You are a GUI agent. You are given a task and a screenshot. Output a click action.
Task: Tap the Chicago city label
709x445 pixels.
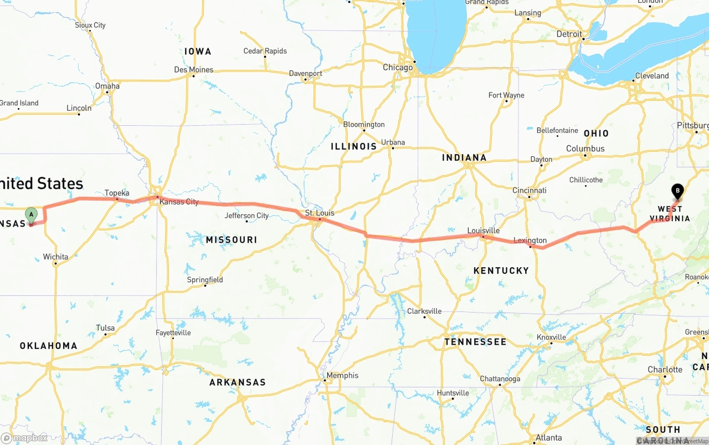(x=398, y=68)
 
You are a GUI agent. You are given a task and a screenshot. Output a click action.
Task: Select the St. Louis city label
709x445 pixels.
(x=320, y=213)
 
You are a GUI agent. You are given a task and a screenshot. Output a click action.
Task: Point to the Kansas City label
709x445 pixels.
(x=179, y=202)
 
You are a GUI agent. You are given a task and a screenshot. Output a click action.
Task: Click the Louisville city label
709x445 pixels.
(x=483, y=231)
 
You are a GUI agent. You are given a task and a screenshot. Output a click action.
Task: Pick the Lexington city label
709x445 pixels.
(x=530, y=241)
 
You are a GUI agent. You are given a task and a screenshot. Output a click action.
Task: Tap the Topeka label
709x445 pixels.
(x=117, y=193)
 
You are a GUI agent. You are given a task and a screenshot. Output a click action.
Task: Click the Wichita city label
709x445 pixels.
(x=55, y=257)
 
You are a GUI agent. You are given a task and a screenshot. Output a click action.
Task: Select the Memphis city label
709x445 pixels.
(x=342, y=375)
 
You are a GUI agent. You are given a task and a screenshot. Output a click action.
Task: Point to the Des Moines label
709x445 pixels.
(x=193, y=70)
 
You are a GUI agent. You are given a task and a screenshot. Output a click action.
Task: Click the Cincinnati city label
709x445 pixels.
(x=529, y=190)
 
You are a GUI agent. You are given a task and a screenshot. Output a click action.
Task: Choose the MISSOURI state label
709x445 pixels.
(x=232, y=239)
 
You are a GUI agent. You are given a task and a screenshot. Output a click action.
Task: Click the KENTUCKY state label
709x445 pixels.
(x=501, y=270)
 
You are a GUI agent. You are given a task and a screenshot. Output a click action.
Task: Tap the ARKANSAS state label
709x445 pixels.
(x=237, y=382)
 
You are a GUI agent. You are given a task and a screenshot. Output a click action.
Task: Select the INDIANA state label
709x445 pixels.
(x=464, y=158)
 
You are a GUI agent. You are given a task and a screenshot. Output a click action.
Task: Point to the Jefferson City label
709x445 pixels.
(x=246, y=216)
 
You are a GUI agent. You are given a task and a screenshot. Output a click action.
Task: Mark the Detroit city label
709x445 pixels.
(x=569, y=34)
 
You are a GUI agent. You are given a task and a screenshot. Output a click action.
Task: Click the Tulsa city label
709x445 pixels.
(x=105, y=328)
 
